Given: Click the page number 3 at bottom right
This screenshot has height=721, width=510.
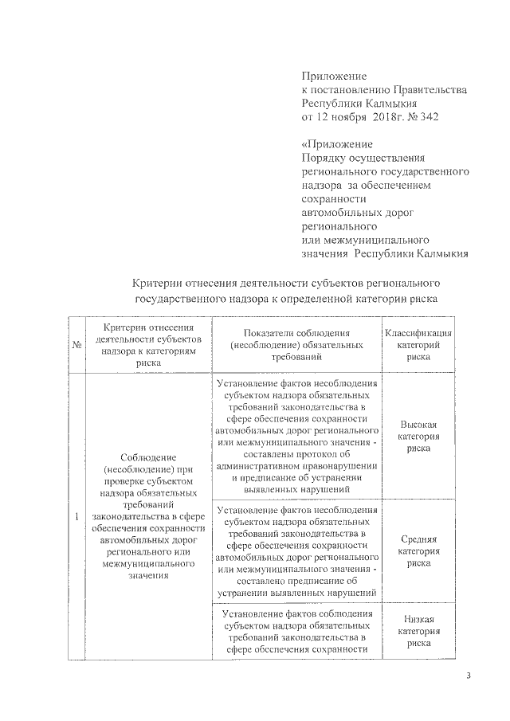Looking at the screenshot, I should click(469, 676).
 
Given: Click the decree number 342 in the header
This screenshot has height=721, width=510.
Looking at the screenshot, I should click(428, 117).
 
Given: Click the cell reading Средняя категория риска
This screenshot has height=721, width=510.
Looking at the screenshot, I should click(418, 551).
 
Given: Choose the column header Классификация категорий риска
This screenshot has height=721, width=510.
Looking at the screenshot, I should click(418, 345).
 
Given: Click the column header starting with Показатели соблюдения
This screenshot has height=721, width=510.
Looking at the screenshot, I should click(296, 345).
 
